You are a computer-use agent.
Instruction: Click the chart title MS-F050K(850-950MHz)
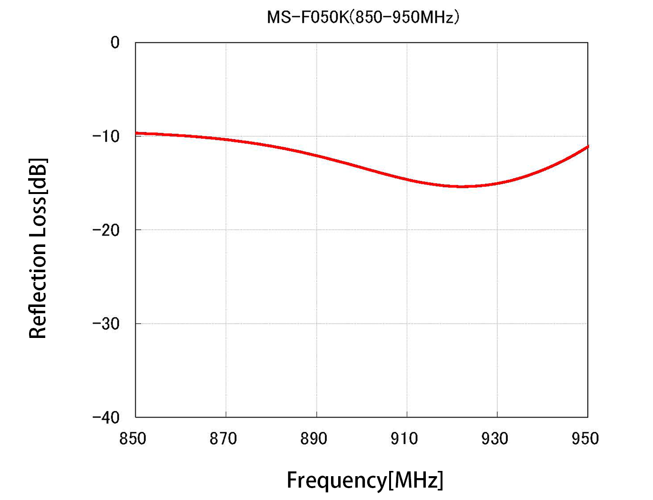click(x=363, y=18)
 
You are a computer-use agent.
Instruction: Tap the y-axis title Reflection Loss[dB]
click(x=38, y=248)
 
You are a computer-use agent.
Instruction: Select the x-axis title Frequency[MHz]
click(x=365, y=480)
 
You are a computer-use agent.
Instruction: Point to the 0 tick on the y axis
click(x=115, y=43)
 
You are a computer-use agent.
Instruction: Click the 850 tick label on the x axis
click(x=132, y=439)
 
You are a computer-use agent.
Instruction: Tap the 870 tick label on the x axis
click(x=223, y=439)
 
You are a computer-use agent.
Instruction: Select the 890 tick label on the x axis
click(x=313, y=439)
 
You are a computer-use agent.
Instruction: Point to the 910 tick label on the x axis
click(x=404, y=439)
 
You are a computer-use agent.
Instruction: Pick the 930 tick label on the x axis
click(x=494, y=439)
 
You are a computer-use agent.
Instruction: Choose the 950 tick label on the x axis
click(x=585, y=439)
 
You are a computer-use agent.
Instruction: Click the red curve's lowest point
click(x=462, y=186)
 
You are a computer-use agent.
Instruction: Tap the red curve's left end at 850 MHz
click(x=136, y=133)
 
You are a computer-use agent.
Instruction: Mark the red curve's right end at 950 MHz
click(x=587, y=146)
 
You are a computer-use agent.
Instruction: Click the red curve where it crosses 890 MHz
click(x=317, y=155)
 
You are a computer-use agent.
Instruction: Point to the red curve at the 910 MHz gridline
click(x=407, y=179)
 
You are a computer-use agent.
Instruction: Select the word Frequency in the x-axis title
click(x=336, y=480)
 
